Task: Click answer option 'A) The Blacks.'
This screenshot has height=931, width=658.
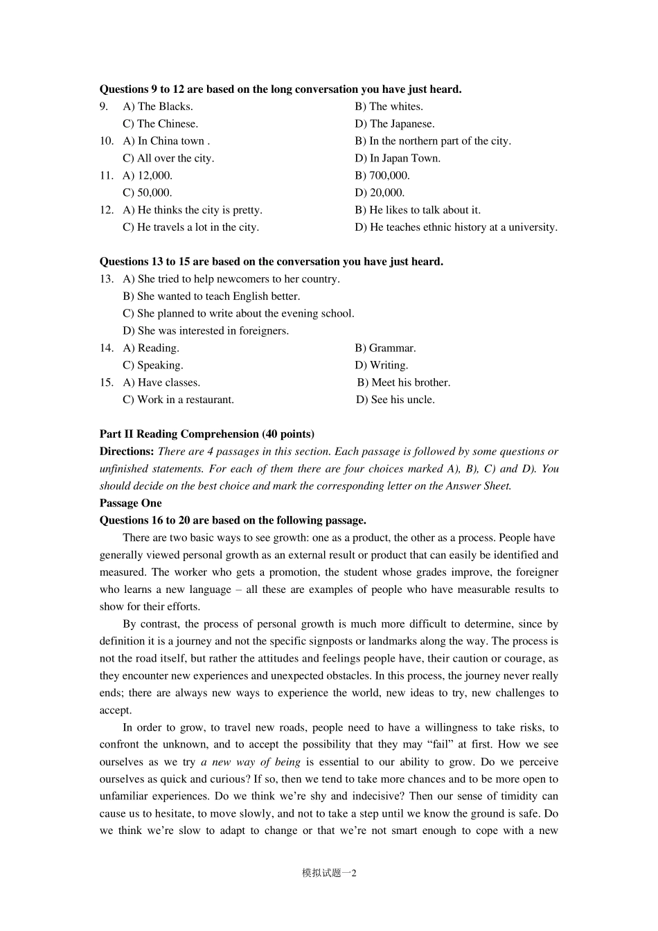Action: point(158,107)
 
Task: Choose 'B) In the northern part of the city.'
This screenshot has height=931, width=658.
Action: point(433,141)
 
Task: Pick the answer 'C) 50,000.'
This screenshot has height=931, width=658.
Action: point(148,193)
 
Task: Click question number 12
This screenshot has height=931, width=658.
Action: point(106,211)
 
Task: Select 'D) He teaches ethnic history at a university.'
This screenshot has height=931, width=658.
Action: point(456,227)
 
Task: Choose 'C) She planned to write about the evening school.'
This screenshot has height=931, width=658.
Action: point(238,314)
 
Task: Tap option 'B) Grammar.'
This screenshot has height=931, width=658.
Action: point(385,348)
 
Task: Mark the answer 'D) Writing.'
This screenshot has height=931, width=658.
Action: point(382,366)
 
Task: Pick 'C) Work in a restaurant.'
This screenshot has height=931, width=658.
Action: point(179,400)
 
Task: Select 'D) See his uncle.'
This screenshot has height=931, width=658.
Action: point(395,400)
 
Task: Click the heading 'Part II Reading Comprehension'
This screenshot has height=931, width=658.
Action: point(206,434)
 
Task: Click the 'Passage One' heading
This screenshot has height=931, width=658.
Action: point(130,504)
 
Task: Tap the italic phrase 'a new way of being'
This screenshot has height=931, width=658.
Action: point(251,762)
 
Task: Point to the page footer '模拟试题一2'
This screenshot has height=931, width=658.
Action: point(329,874)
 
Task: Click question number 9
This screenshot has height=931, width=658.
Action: point(104,107)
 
